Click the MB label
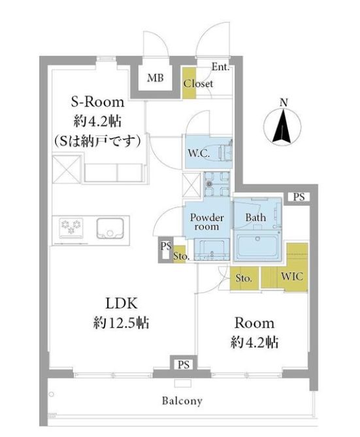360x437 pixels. pyautogui.click(x=155, y=78)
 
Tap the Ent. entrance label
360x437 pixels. pyautogui.click(x=220, y=67)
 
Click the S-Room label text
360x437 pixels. pyautogui.click(x=97, y=102)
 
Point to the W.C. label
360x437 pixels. pyautogui.click(x=199, y=153)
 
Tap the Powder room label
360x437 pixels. pyautogui.click(x=206, y=222)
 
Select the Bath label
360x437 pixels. pyautogui.click(x=255, y=218)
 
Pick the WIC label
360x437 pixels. pyautogui.click(x=291, y=276)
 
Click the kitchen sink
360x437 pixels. pyautogui.click(x=110, y=229)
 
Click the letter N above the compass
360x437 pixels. pyautogui.click(x=284, y=103)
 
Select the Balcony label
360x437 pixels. pyautogui.click(x=182, y=401)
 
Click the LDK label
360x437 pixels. pyautogui.click(x=122, y=304)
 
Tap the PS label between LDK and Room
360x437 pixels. pyautogui.click(x=184, y=364)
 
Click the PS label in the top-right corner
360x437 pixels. pyautogui.click(x=299, y=197)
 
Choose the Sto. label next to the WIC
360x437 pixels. pyautogui.click(x=244, y=278)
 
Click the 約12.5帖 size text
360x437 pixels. pyautogui.click(x=121, y=323)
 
